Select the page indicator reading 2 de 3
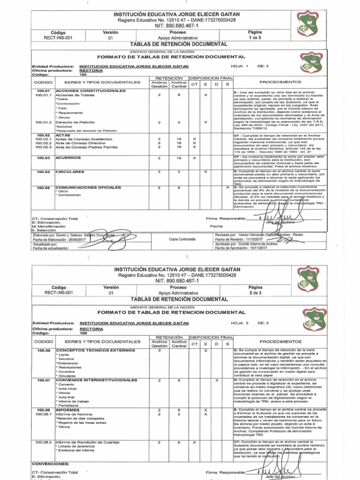[x=255, y=292]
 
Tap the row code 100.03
[x=43, y=158]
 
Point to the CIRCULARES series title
[x=70, y=172]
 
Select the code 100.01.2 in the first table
[x=43, y=122]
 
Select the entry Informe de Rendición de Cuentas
[x=87, y=442]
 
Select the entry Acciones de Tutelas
[x=75, y=95]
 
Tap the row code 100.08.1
[x=43, y=414]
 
